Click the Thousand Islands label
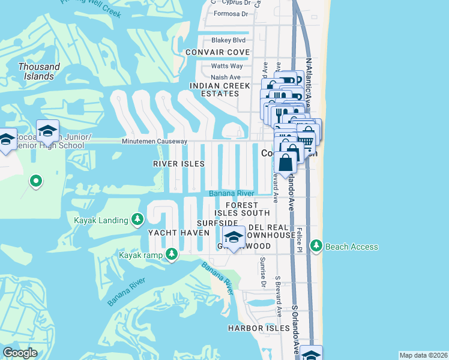click(x=39, y=71)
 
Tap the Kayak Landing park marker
click(x=138, y=220)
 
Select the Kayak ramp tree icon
click(x=172, y=255)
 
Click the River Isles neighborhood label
click(x=179, y=164)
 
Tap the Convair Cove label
click(x=217, y=52)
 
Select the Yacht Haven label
click(x=170, y=233)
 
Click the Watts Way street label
click(x=227, y=66)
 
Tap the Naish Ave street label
click(x=226, y=77)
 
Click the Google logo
click(x=20, y=353)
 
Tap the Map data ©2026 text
click(x=424, y=355)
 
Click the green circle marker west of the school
click(x=36, y=181)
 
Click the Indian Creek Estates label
click(x=219, y=89)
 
